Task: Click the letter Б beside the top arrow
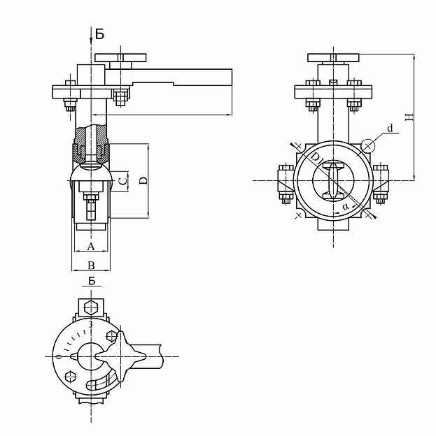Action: (100, 34)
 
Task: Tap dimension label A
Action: (91, 246)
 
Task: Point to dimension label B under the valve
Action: (91, 265)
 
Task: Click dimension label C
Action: (122, 181)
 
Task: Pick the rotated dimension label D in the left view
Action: (143, 181)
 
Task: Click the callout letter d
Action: (391, 129)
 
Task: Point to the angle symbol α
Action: (346, 207)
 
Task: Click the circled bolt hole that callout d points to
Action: (367, 145)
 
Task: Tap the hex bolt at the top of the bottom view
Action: (90, 307)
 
